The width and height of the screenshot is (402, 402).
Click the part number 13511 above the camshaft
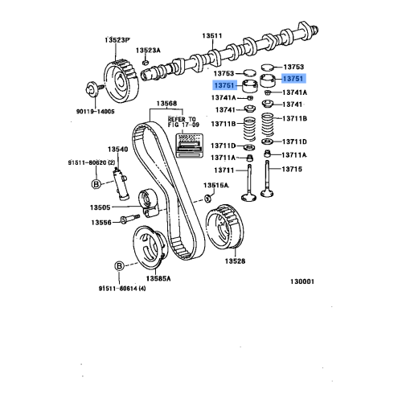(x=211, y=35)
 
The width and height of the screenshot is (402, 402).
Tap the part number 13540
(x=118, y=149)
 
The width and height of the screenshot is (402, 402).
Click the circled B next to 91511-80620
(x=96, y=184)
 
